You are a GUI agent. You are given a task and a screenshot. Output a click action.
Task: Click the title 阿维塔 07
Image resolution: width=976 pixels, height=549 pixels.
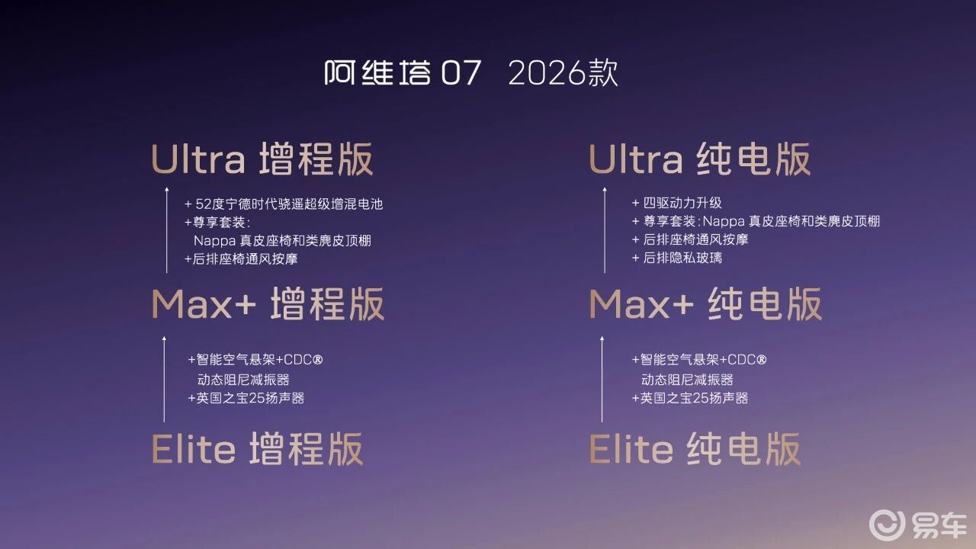[x=403, y=72]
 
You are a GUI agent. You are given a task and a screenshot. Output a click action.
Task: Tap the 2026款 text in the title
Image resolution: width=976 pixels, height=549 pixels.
[x=563, y=72]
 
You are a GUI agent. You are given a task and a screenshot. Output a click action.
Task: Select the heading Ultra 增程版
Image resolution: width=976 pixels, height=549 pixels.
[x=262, y=159]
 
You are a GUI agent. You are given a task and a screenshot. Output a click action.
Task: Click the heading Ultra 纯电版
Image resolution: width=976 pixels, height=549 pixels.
[x=700, y=159]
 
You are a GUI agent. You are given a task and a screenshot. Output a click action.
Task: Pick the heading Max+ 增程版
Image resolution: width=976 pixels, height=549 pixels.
[x=268, y=304]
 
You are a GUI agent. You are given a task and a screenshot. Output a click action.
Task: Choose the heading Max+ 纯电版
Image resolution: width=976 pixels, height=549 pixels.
[x=706, y=304]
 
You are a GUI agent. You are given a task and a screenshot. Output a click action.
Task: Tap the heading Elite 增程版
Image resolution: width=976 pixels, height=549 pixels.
[x=257, y=449]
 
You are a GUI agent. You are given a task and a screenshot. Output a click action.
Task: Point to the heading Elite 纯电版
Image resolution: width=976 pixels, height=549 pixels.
[x=695, y=449]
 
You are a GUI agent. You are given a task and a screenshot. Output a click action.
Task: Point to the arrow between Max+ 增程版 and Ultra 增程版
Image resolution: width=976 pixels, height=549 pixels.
[x=167, y=230]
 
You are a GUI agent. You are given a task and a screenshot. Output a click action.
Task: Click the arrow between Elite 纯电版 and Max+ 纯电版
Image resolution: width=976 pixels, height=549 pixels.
[x=602, y=379]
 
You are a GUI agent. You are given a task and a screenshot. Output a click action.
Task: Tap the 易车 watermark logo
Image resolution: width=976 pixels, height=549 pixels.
[x=918, y=525]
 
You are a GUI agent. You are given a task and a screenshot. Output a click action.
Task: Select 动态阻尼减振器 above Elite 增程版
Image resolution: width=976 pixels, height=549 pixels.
[x=243, y=380]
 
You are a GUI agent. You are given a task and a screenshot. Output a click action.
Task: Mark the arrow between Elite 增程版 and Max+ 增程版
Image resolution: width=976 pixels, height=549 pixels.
[x=164, y=379]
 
